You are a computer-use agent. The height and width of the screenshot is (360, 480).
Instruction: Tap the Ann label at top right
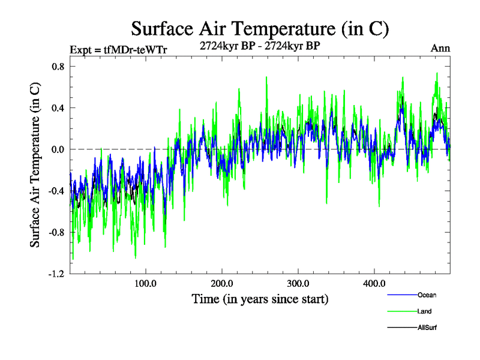click(x=440, y=48)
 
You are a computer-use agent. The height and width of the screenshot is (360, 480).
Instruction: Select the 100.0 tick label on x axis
click(x=146, y=283)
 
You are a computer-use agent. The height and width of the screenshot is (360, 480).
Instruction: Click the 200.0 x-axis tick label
click(x=222, y=283)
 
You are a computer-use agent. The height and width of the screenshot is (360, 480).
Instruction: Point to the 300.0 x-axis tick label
click(x=298, y=283)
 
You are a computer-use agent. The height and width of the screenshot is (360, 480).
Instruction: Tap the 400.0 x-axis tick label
click(x=374, y=283)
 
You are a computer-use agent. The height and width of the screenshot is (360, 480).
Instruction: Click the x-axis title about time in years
click(x=260, y=299)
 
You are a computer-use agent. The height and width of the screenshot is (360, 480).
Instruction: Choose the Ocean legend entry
click(x=427, y=295)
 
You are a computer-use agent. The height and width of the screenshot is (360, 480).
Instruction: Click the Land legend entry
click(x=425, y=311)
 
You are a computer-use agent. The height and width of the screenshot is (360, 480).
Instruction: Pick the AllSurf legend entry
click(x=428, y=328)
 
